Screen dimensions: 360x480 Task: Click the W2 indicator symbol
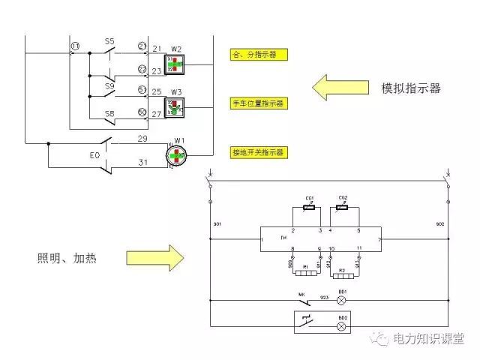coord(174,63)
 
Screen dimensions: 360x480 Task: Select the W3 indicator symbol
coord(175,108)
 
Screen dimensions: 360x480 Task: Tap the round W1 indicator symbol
coord(177,154)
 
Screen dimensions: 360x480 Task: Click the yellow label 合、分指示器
coord(259,55)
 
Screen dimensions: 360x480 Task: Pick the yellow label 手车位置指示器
coord(259,103)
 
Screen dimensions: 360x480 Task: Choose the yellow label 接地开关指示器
coord(259,151)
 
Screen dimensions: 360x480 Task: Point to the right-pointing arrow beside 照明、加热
coord(154,258)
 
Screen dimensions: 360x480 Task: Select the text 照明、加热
coord(67,259)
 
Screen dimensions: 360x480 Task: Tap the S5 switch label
coord(109,41)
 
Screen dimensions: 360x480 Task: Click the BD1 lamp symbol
coord(343,300)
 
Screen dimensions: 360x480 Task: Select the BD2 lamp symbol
coord(343,325)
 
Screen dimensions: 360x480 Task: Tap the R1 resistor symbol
coord(304,273)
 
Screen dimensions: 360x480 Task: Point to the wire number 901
coord(218,224)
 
